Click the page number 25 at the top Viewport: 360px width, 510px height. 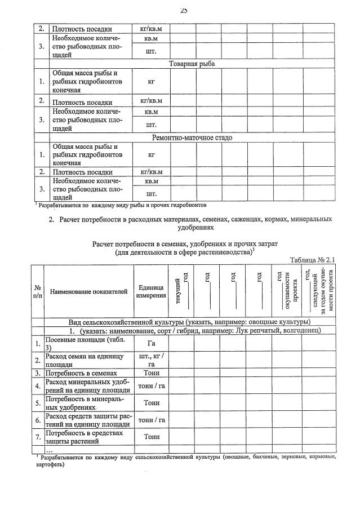click(184, 9)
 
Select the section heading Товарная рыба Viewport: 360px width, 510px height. click(192, 64)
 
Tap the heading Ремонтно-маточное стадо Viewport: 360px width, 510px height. click(192, 138)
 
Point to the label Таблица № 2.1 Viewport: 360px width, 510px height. click(313, 260)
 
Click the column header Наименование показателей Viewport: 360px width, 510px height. click(88, 291)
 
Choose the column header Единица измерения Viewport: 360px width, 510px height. click(150, 291)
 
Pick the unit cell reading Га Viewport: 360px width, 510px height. click(150, 343)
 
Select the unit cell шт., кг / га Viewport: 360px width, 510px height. click(150, 360)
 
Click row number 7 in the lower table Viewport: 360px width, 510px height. click(38, 437)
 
